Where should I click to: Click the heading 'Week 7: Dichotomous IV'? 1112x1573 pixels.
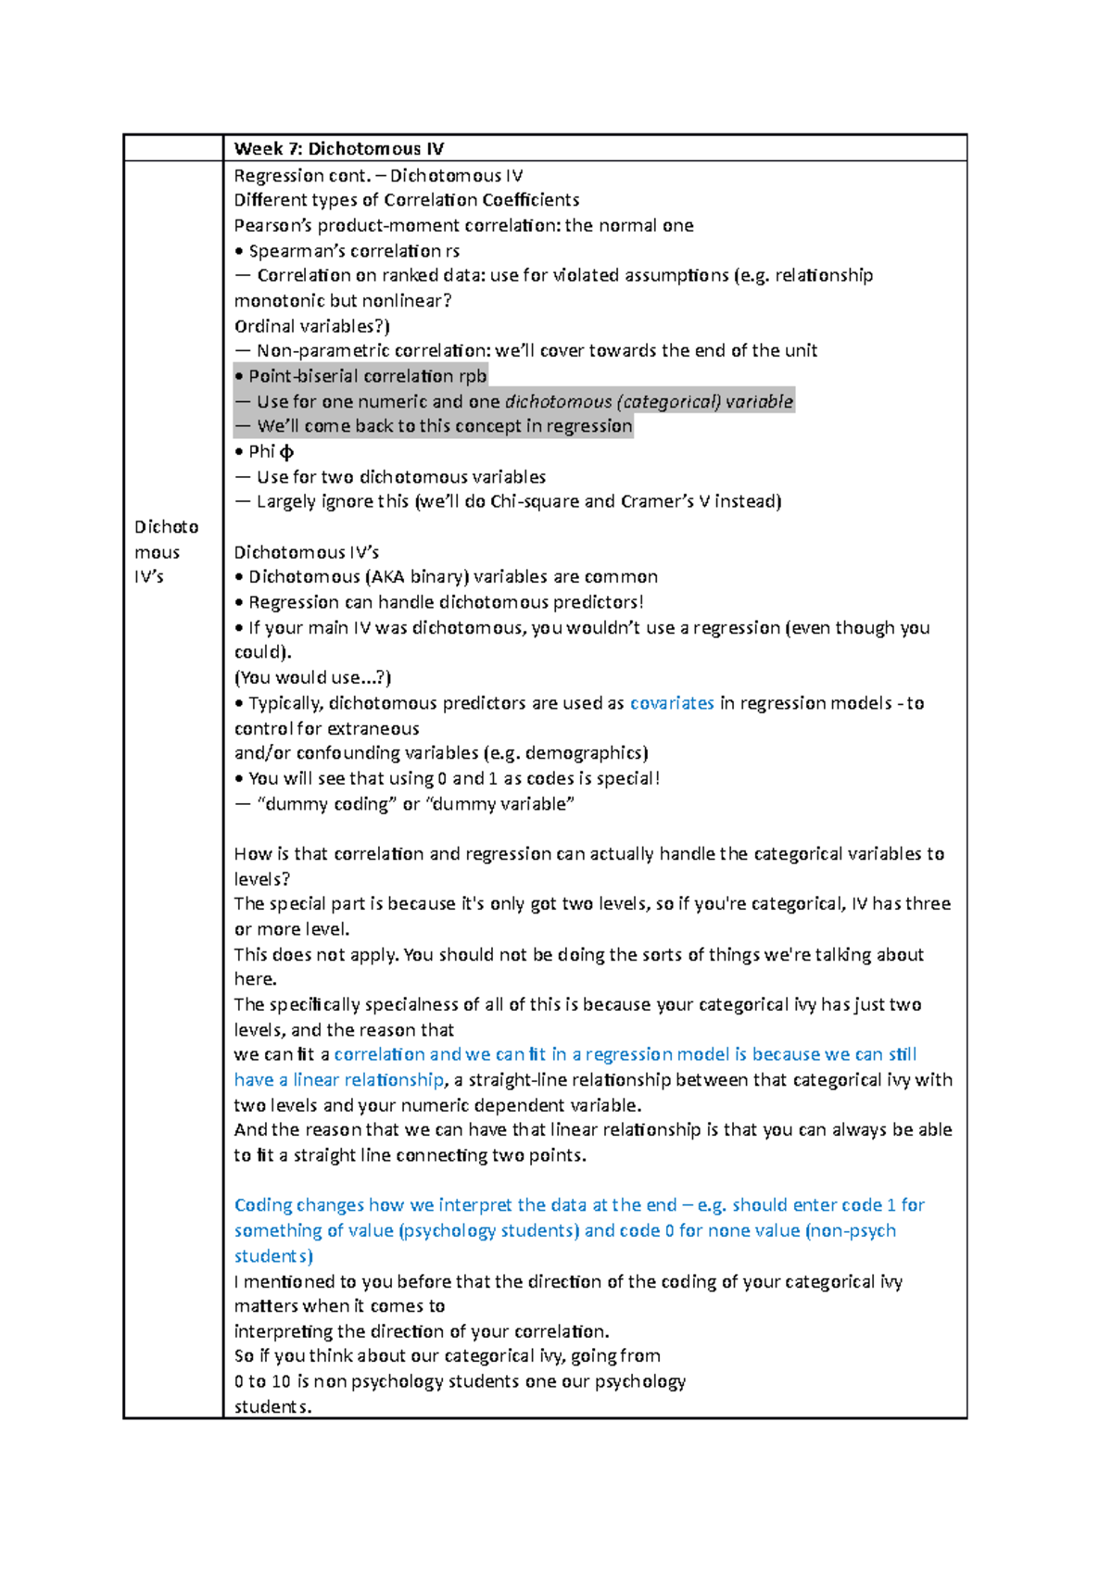coord(339,148)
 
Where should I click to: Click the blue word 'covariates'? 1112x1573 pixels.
coord(672,703)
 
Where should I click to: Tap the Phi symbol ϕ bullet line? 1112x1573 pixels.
coord(264,451)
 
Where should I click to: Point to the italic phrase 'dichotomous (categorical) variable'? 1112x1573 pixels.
coord(649,401)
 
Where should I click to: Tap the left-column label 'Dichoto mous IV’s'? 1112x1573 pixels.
coord(166,551)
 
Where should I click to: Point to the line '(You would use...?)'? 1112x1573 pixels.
coord(312,677)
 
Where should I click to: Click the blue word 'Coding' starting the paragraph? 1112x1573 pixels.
coord(263,1205)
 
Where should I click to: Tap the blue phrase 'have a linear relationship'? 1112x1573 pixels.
coord(339,1080)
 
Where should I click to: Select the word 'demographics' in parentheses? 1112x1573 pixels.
coord(584,753)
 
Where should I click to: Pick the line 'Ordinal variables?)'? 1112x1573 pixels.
coord(311,326)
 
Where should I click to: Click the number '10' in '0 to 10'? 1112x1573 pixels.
coord(281,1381)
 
